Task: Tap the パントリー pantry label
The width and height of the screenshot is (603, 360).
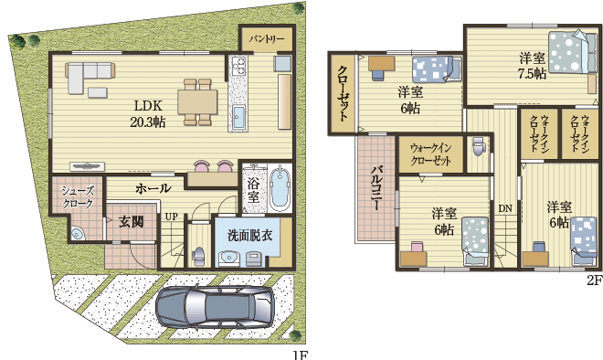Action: tap(266, 39)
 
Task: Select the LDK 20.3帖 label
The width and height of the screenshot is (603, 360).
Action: tap(148, 114)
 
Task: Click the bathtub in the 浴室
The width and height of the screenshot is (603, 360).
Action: tap(280, 189)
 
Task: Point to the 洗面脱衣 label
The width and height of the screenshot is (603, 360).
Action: tap(249, 236)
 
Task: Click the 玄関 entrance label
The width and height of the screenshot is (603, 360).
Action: tap(132, 222)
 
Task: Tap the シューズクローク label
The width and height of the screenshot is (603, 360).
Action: tap(78, 197)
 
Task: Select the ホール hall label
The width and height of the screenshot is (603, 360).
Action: tap(153, 188)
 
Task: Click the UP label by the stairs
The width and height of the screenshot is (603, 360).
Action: tap(171, 217)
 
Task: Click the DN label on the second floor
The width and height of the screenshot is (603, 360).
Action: tap(505, 209)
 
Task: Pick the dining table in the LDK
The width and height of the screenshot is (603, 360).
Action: tap(197, 102)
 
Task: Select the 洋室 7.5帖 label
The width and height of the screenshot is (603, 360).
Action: tap(532, 66)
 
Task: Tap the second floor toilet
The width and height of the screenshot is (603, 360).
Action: tap(479, 146)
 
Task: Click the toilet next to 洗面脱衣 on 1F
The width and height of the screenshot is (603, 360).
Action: tap(198, 256)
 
